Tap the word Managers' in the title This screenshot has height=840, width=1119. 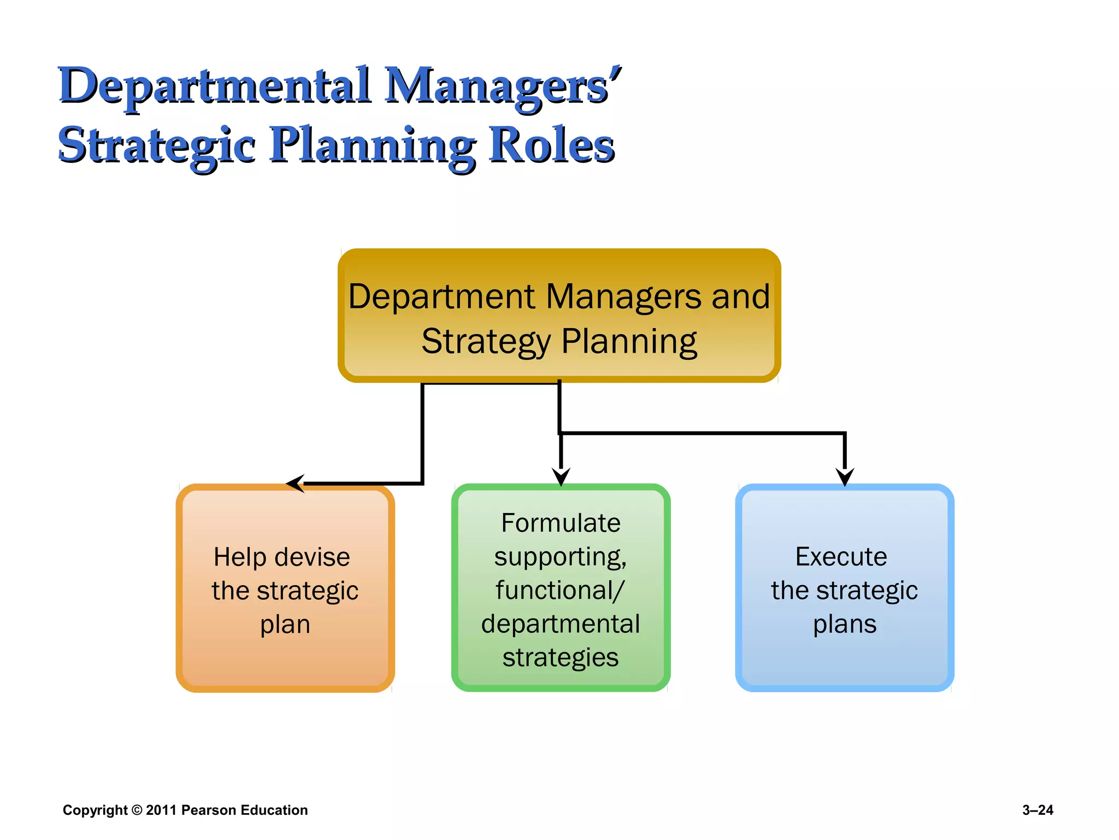click(x=503, y=86)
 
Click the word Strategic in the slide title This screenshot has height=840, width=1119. click(x=156, y=147)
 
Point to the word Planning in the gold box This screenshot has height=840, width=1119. click(x=629, y=342)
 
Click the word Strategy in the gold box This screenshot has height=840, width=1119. click(x=486, y=342)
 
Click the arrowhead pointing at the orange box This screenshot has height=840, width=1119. click(x=296, y=483)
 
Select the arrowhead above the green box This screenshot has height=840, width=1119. click(x=561, y=476)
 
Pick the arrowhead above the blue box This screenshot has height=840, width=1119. click(x=845, y=476)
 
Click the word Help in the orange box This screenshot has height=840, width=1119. click(x=239, y=557)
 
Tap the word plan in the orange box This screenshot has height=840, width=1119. click(x=285, y=625)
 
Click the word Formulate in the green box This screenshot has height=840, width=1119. click(x=561, y=523)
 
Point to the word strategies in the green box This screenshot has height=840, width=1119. click(x=561, y=658)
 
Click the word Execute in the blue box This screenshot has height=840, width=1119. click(x=841, y=557)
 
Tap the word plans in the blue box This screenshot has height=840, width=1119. click(x=845, y=625)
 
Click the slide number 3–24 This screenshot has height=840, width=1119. click(x=1037, y=810)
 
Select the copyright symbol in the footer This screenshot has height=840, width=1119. click(x=137, y=810)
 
